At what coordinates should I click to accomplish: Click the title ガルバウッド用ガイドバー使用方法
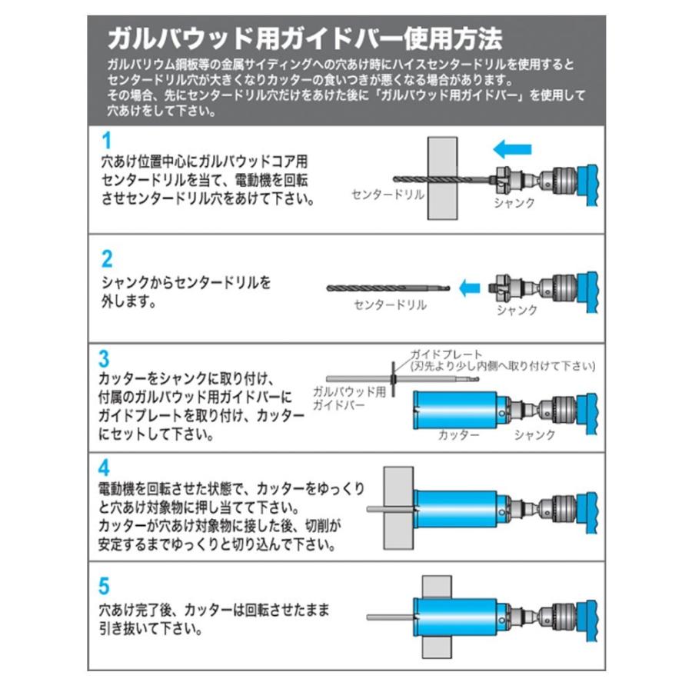tap(304, 38)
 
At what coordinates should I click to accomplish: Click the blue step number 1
tap(107, 141)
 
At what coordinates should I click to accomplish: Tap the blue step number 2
tap(107, 258)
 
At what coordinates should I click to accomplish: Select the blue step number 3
tap(105, 358)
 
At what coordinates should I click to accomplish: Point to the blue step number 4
tap(105, 467)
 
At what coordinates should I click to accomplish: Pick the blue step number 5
tap(105, 585)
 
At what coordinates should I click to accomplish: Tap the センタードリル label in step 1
tap(388, 195)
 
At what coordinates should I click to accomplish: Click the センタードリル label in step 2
tap(390, 305)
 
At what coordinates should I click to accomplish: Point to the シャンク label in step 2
tap(517, 311)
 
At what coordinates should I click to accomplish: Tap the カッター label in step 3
tap(459, 434)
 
